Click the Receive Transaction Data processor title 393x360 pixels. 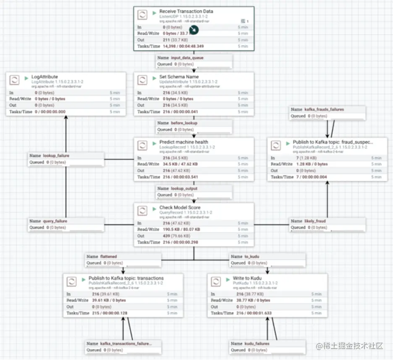(x=186, y=11)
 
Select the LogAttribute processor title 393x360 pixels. (x=45, y=77)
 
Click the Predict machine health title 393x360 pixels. (x=183, y=142)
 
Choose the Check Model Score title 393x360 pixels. (x=180, y=208)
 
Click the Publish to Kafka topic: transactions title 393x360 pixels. (x=126, y=278)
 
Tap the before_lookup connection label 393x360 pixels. (x=183, y=123)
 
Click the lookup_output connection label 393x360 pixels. (x=183, y=189)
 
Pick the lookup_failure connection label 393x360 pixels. (x=56, y=156)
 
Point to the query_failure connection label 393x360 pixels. (x=55, y=221)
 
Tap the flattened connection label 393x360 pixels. (x=108, y=256)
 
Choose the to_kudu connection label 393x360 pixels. (x=252, y=256)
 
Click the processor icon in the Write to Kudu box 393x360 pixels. (x=216, y=281)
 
